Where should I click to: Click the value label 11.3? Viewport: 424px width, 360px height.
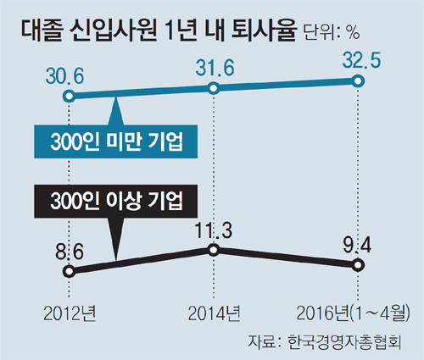coord(213,230)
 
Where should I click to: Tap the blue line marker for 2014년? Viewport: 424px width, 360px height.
coord(213,87)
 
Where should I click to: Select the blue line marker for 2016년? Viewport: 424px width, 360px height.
coord(357,81)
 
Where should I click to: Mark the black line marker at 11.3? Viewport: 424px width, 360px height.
coord(213,250)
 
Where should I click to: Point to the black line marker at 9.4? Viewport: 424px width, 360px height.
coord(357,265)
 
